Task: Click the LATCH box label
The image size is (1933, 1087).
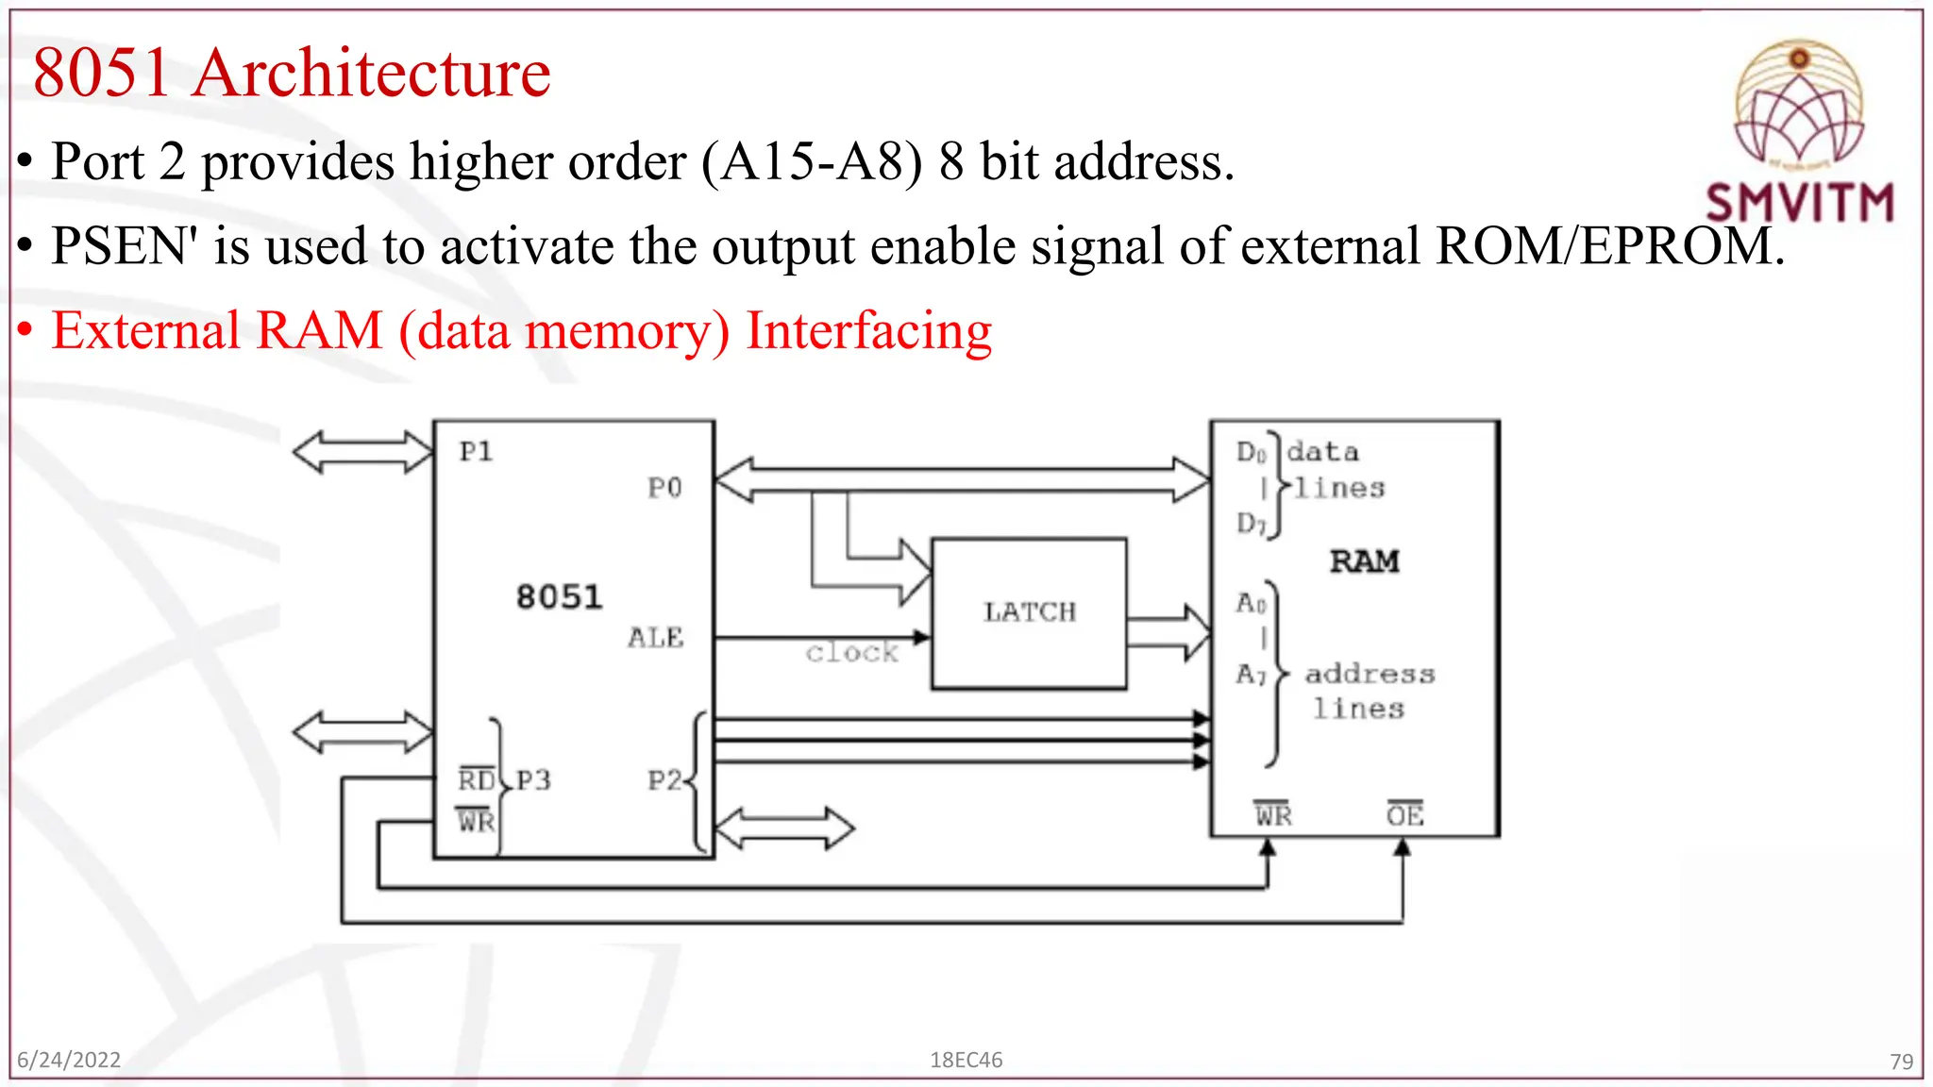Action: coord(1029,612)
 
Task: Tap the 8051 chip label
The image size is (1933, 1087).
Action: coord(559,597)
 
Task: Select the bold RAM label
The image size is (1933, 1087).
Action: coord(1364,561)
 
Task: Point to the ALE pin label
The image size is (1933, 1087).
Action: coord(655,638)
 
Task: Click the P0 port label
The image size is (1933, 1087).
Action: coord(664,488)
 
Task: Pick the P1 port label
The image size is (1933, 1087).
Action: coord(476,452)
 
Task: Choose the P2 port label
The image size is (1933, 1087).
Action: coord(664,780)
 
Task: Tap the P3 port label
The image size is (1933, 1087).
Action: coord(533,780)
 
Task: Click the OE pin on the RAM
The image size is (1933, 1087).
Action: coord(1404,815)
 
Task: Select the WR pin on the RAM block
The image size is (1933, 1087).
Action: coord(1272,815)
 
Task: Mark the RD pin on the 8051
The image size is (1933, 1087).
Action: coord(477,780)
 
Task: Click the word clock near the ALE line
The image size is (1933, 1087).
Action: coord(851,653)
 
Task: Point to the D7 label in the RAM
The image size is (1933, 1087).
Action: coord(1251,523)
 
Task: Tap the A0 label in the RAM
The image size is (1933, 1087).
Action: coord(1251,602)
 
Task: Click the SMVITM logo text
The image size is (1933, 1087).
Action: coord(1799,203)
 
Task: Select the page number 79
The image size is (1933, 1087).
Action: coord(1901,1062)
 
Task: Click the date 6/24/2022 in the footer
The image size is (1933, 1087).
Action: coord(69,1060)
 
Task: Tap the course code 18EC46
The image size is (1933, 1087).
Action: coord(966,1060)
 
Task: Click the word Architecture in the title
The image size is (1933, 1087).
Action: coord(372,73)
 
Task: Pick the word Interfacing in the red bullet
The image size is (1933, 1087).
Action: coord(868,331)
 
